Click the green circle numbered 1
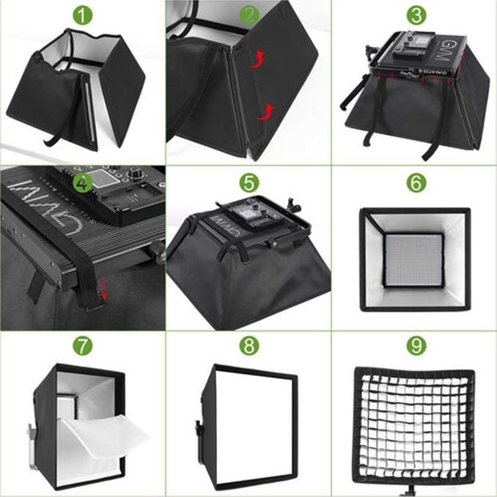(83, 15)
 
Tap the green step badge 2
(249, 15)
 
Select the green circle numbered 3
(416, 15)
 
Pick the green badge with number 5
(249, 181)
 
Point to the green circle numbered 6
(416, 181)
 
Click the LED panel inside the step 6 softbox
(415, 259)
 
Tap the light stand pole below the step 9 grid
(416, 490)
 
